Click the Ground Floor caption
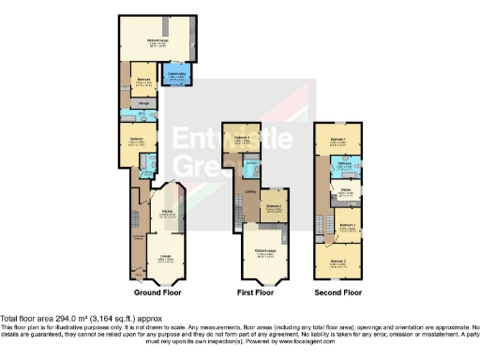coord(153,292)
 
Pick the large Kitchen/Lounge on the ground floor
coord(157,41)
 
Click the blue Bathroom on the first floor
coord(251,169)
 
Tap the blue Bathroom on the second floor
coord(344,168)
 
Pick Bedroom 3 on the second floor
coord(346,226)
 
